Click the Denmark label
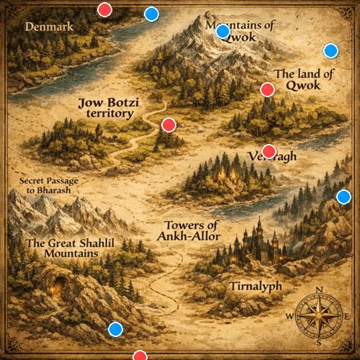pos(50,27)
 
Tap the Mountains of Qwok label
pos(240,32)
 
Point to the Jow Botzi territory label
pos(108,109)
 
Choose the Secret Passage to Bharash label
pos(49,186)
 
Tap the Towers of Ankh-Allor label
pos(192,230)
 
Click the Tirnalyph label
pos(255,287)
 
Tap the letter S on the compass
pos(319,342)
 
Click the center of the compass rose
pos(319,316)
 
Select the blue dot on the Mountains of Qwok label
pos(222,31)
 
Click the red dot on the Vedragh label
pos(269,151)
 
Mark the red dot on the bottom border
pos(140,356)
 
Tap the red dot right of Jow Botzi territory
pos(168,125)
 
